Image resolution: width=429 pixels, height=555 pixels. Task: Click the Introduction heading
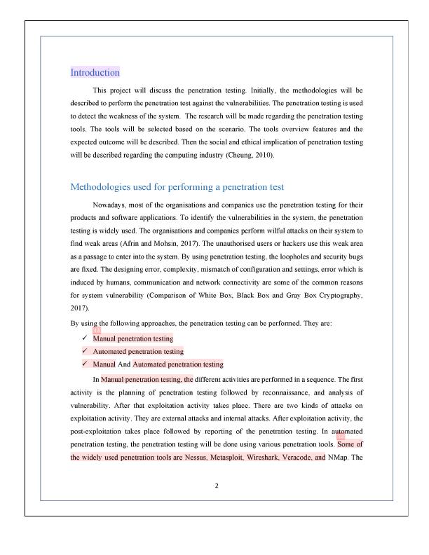[x=95, y=72]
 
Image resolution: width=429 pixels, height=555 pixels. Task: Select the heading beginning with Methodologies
[x=176, y=187]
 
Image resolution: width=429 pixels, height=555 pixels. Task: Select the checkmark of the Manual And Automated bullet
[x=83, y=364]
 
